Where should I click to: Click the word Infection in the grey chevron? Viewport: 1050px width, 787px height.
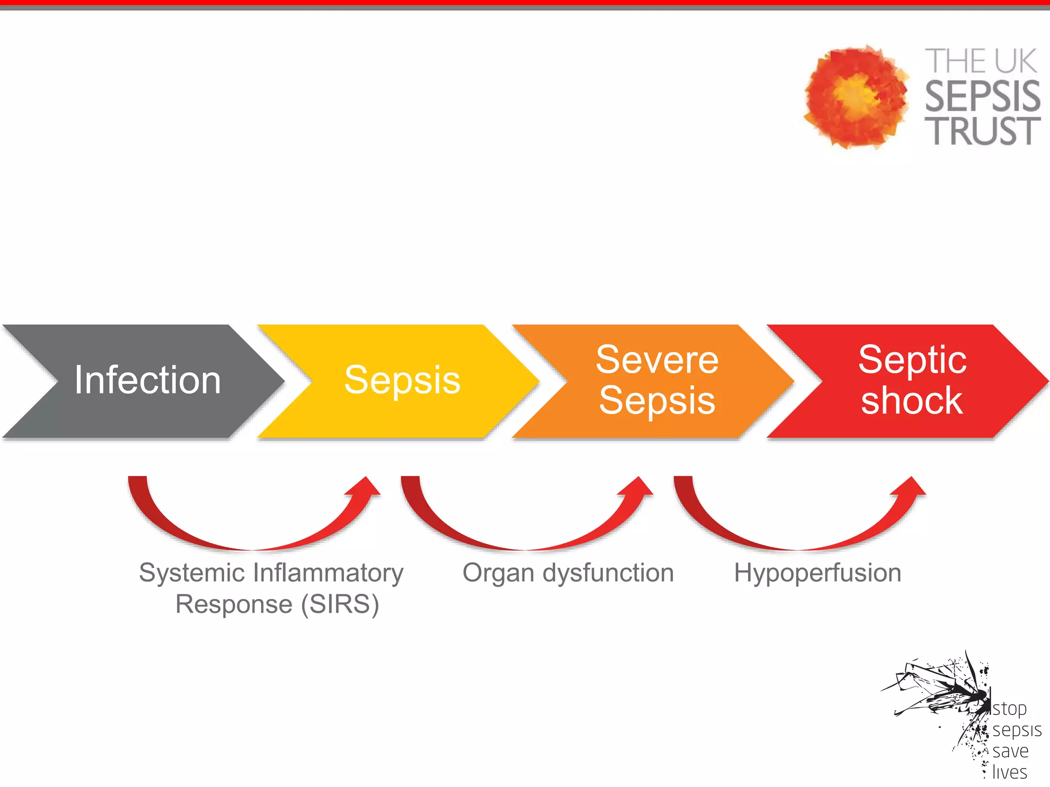pos(147,380)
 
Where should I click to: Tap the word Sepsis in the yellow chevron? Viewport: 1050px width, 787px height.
pos(402,380)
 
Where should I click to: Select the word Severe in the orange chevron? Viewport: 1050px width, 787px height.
pos(657,360)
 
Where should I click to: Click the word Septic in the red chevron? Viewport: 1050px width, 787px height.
pos(912,360)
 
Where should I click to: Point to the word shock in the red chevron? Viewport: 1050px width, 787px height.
pos(912,401)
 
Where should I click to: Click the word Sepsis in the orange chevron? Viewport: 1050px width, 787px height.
pos(657,401)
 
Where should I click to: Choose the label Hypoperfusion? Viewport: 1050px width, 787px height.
pos(817,573)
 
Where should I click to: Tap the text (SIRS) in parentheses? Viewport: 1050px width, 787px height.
pos(340,605)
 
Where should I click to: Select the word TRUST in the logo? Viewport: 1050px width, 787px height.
pos(982,131)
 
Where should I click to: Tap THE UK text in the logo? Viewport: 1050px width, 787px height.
pos(980,61)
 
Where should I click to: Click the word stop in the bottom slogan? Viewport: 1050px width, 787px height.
pos(1009,709)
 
